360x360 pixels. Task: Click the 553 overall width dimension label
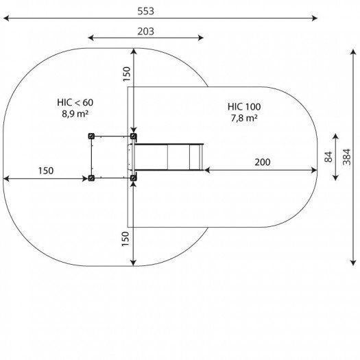coord(145,11)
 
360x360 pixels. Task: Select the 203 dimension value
coord(145,32)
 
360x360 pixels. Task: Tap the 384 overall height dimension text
coord(347,157)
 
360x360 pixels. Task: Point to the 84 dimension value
coord(328,157)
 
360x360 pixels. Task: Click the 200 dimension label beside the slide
coord(263,162)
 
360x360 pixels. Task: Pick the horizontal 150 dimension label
coord(46,171)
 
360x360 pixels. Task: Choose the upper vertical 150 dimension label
coord(126,74)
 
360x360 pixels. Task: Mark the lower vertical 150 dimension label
coord(125,239)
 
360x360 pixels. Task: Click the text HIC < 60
coord(75,102)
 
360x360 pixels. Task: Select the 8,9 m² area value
coord(75,114)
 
